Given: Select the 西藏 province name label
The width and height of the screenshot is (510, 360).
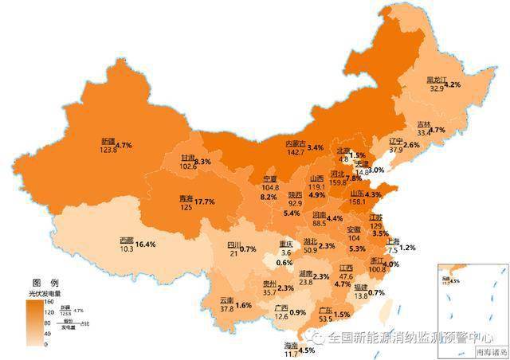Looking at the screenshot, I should point(127,240).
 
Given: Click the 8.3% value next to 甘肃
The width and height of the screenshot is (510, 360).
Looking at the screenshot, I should point(202,162).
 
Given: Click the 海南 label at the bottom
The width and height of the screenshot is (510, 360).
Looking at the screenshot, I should point(291,346).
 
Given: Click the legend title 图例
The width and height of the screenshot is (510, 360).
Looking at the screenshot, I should point(45,283).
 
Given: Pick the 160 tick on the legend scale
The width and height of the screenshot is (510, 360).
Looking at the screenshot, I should point(49,301).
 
